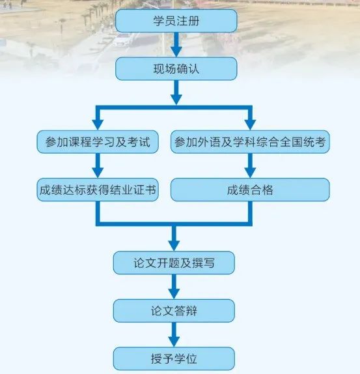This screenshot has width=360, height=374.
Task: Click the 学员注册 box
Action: (176, 21)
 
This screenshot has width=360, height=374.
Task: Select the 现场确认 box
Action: (176, 68)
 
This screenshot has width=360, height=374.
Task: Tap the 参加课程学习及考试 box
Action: (98, 142)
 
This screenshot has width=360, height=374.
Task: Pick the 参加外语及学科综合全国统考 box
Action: (250, 142)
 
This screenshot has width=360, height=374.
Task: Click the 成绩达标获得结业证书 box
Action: (98, 190)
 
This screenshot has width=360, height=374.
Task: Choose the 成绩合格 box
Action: (250, 190)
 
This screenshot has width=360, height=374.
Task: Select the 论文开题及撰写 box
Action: (174, 263)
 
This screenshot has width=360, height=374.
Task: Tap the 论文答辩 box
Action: (174, 311)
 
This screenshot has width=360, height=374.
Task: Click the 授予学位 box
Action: (174, 359)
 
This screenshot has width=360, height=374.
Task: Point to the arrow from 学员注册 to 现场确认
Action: (176, 44)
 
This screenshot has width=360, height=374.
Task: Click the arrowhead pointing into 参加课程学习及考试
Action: (98, 124)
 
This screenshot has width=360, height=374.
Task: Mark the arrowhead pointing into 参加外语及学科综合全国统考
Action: (250, 124)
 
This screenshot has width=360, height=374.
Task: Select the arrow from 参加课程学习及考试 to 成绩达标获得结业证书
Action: (98, 165)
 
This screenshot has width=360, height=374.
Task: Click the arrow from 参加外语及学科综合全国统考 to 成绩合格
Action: (250, 165)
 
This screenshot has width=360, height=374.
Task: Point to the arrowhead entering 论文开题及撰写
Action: (174, 246)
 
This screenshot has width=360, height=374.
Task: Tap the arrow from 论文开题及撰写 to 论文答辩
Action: (174, 287)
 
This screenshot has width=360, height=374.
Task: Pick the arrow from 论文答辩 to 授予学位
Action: (174, 335)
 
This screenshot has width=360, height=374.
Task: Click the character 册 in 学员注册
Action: (194, 21)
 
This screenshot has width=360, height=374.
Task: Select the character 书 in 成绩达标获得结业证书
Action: (150, 190)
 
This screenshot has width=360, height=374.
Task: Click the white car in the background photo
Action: (122, 40)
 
